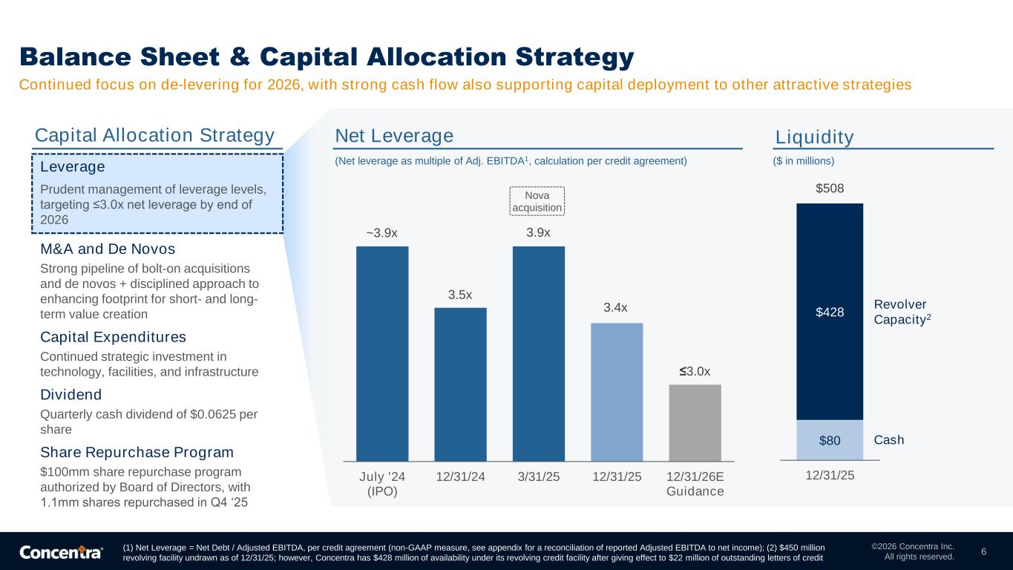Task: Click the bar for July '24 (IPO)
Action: [x=382, y=353]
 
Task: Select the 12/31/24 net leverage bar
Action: [x=460, y=384]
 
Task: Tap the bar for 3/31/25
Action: [x=538, y=353]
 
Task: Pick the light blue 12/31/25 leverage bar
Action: [x=617, y=392]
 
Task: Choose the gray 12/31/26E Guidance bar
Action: [x=695, y=422]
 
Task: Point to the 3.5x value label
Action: [x=460, y=295]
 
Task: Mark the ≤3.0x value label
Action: [x=695, y=371]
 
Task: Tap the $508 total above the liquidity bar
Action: [x=830, y=189]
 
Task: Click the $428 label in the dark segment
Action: [x=830, y=312]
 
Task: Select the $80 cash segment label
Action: [x=830, y=441]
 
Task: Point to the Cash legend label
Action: [x=889, y=440]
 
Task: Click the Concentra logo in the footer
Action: [x=61, y=552]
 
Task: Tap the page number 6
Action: [x=983, y=551]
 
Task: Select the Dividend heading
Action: [x=71, y=394]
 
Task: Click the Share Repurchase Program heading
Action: [x=137, y=452]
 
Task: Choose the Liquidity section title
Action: [x=815, y=137]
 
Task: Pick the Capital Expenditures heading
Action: [x=113, y=337]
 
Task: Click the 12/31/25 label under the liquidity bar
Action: [x=830, y=474]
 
